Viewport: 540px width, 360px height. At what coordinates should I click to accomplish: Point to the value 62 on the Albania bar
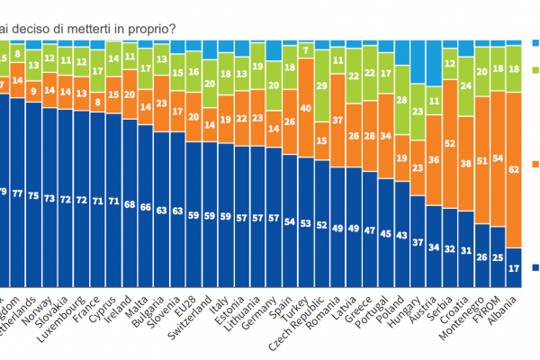(514, 169)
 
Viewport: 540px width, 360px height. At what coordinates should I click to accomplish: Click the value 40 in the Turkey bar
(307, 108)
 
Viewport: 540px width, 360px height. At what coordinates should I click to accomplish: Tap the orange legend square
(535, 163)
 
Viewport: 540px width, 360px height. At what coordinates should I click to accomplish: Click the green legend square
(535, 67)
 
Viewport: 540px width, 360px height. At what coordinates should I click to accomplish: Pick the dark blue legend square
(535, 267)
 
